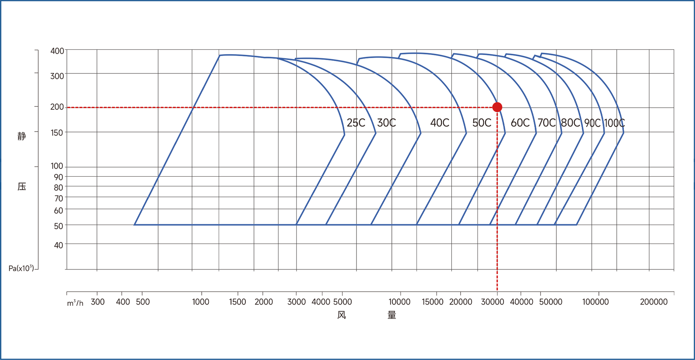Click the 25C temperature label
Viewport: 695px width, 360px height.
356,123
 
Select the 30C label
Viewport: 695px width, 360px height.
386,123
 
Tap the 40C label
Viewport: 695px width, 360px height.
440,123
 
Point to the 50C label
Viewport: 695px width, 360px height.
482,123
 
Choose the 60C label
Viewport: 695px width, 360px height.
520,123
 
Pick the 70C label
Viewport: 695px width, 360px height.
547,123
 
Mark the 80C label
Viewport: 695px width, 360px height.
571,123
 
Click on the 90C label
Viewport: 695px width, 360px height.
592,123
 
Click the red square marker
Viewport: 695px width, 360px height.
497,107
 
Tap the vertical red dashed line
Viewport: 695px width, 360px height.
497,200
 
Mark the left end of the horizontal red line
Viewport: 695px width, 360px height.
68,107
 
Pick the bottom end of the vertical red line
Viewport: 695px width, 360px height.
497,289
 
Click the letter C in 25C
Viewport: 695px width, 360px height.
361,123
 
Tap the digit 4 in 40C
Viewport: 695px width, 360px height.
433,123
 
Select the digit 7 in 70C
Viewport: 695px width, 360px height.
540,123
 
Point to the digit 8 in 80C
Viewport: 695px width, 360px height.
564,123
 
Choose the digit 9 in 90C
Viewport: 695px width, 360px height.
587,123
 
